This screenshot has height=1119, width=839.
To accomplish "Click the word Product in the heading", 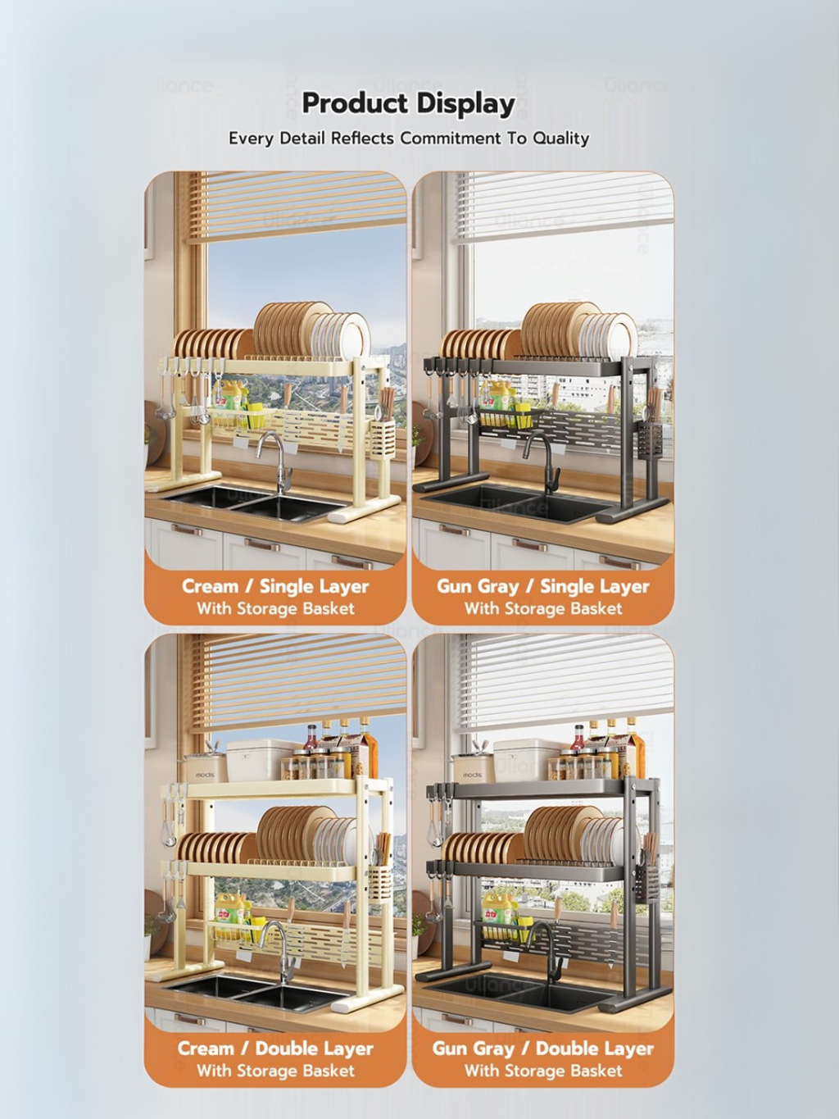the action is point(354,104).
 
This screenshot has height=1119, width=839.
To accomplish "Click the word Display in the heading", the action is point(465,105).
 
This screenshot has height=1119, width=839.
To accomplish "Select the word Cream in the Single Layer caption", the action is point(210,586).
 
